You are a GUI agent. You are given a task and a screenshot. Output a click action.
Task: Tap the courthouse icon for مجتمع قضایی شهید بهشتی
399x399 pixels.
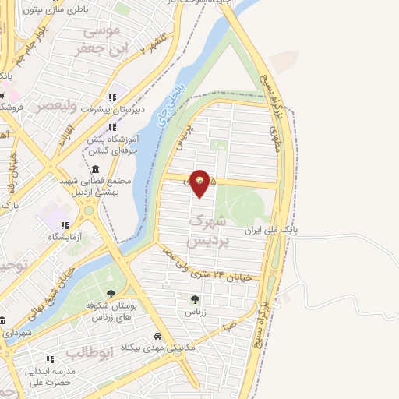[x=95, y=170]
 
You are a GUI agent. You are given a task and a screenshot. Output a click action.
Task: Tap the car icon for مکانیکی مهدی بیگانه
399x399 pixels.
[x=157, y=336]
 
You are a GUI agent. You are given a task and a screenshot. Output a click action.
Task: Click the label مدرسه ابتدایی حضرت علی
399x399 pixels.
[x=48, y=376]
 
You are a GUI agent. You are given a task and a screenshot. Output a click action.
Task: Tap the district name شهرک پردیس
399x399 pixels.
[x=209, y=231]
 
